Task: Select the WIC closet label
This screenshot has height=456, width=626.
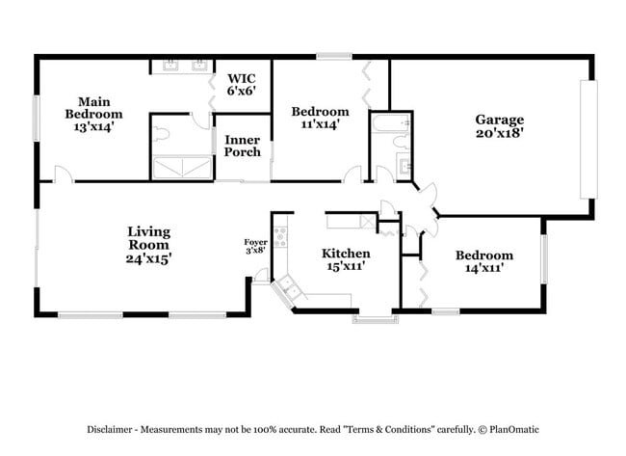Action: point(242,78)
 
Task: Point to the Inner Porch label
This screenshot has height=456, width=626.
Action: point(242,146)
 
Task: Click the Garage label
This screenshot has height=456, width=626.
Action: point(499,121)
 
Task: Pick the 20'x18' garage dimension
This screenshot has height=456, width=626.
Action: point(499,135)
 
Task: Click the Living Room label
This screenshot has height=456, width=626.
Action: point(148,238)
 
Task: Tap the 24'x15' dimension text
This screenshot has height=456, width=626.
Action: point(148,258)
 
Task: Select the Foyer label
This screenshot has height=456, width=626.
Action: point(255,242)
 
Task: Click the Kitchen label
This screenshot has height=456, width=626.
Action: point(346,254)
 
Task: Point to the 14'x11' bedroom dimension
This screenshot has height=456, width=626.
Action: point(483,269)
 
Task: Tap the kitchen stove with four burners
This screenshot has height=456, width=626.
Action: point(281,234)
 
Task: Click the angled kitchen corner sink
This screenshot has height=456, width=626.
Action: point(289,288)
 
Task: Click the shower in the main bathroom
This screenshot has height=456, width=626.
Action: point(181,168)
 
